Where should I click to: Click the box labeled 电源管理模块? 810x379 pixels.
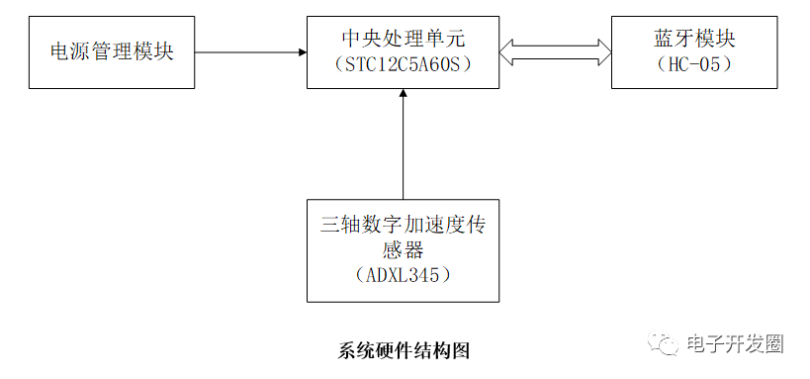[112, 52]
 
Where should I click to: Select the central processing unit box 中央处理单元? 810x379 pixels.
[403, 52]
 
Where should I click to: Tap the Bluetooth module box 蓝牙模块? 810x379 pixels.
[694, 52]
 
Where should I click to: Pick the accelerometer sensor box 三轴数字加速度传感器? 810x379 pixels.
[403, 250]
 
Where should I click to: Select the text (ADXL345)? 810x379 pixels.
[403, 275]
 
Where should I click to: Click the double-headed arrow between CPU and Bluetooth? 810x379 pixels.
[555, 52]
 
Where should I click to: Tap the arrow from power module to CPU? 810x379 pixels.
[250, 52]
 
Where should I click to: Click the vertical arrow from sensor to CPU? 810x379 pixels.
[403, 144]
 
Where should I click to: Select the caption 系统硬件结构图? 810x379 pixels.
[404, 351]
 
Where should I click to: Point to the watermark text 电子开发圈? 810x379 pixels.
[735, 343]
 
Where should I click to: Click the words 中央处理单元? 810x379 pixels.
[403, 39]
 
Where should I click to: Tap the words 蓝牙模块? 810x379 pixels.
[694, 39]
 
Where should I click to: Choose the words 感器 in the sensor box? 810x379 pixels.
[403, 250]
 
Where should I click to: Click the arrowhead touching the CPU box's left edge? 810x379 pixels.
[303, 52]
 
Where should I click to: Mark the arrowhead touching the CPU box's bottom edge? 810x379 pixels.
[403, 93]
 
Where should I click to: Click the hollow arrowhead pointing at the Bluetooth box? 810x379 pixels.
[605, 52]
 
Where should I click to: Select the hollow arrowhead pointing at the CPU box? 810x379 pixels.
[506, 52]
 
